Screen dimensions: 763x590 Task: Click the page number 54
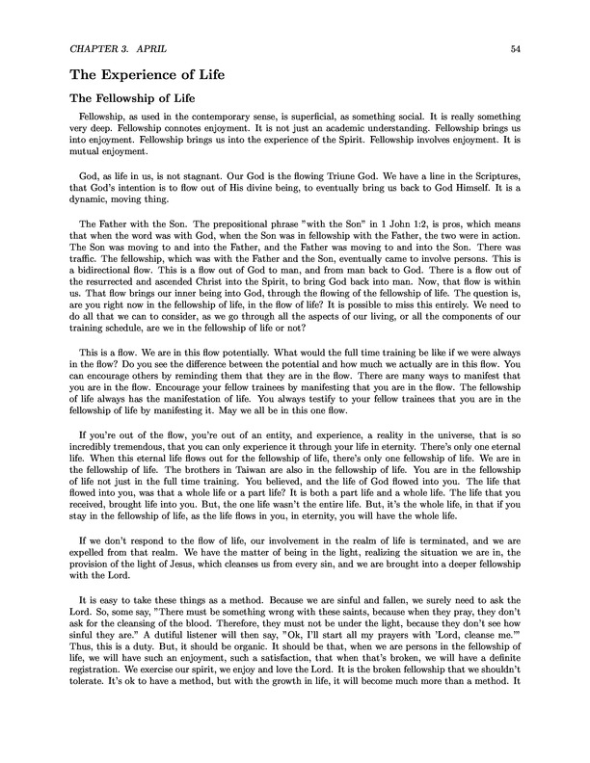pyautogui.click(x=516, y=46)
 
